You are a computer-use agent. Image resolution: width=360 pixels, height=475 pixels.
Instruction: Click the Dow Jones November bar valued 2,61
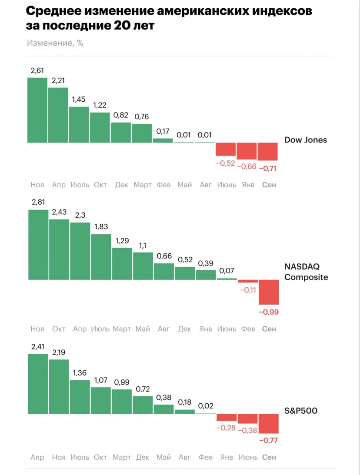(37, 110)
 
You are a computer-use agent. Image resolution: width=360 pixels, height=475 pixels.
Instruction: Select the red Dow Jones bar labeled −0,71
(267, 152)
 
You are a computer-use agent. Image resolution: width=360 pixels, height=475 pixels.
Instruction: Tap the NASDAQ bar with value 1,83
(101, 257)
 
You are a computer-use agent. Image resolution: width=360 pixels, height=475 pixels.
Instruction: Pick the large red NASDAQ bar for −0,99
(269, 292)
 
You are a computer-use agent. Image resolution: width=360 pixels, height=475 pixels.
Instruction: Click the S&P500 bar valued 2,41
(38, 384)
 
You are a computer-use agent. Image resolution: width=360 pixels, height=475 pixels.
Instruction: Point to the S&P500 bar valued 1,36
(80, 397)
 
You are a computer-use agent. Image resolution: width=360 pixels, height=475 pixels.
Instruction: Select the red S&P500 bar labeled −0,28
(227, 418)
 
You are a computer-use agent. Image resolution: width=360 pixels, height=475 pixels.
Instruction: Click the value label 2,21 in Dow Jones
(58, 80)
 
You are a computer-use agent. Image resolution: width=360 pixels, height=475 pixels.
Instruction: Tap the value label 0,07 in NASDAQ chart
(227, 270)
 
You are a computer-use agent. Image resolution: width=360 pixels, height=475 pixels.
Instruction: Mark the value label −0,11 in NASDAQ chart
(248, 290)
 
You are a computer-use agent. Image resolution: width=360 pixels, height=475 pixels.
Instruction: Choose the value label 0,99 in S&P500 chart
(122, 382)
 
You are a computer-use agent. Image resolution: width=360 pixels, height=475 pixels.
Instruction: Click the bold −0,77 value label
(269, 441)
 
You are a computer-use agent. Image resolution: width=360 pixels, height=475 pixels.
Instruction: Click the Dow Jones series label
(306, 140)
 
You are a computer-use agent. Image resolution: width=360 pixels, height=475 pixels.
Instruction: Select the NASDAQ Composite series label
(306, 272)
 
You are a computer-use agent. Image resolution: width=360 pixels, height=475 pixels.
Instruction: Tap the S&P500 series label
(300, 411)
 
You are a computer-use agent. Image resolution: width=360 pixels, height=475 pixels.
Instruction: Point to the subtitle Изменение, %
(55, 43)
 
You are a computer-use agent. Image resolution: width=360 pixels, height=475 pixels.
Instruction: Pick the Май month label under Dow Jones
(184, 185)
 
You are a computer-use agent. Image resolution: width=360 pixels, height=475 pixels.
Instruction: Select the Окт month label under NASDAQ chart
(59, 329)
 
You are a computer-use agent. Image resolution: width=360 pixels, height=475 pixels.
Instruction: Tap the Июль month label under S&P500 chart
(80, 458)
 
